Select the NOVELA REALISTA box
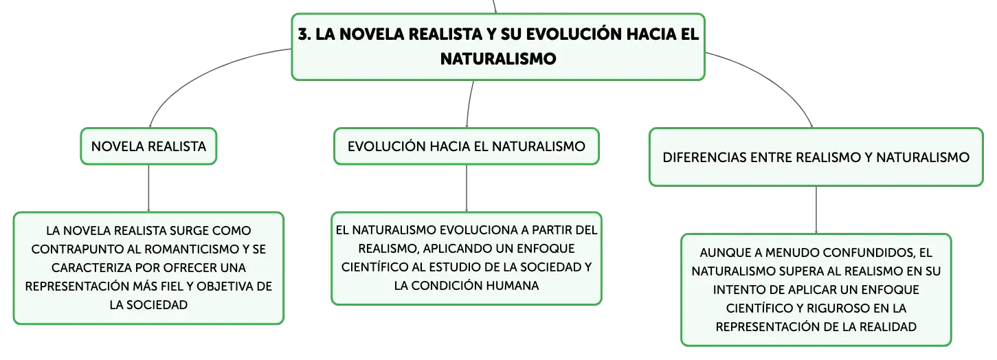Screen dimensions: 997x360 148,146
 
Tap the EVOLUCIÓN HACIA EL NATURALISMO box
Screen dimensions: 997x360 467,146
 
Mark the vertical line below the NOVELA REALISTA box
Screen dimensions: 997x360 148,188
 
